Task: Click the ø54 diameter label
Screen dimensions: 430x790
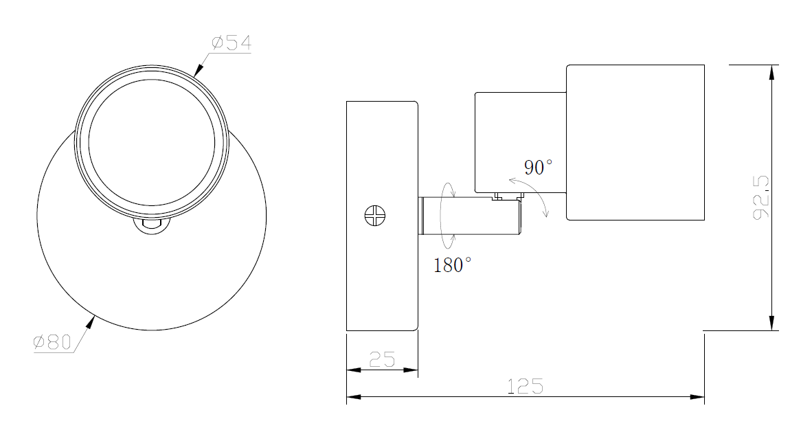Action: [x=232, y=43]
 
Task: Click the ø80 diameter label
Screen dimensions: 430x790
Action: [x=53, y=342]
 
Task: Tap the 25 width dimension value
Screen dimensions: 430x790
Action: [x=382, y=359]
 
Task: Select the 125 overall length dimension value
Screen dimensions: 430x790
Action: [x=526, y=386]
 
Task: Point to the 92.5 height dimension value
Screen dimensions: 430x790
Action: [x=761, y=198]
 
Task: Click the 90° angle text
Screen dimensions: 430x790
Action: [x=538, y=168]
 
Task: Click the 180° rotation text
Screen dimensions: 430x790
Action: [x=452, y=265]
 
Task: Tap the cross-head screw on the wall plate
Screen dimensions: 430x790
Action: [x=374, y=216]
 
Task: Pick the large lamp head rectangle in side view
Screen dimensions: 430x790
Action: [x=635, y=142]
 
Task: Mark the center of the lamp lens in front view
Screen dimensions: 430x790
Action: [x=151, y=142]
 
